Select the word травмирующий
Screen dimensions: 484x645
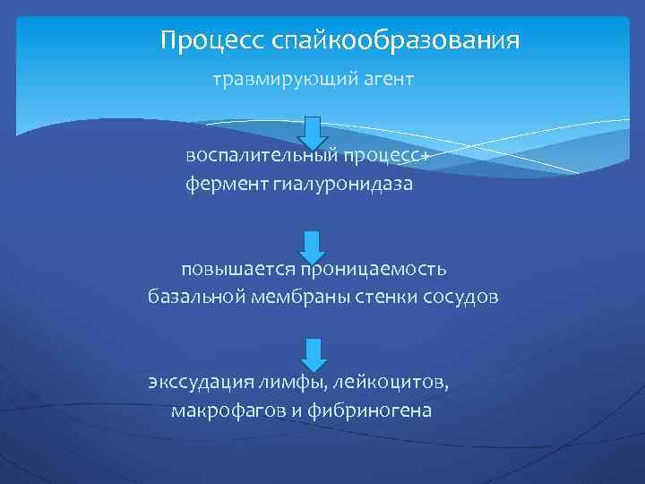coord(273,82)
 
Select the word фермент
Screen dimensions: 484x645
coord(220,185)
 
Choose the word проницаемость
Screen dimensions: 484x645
coord(374,268)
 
